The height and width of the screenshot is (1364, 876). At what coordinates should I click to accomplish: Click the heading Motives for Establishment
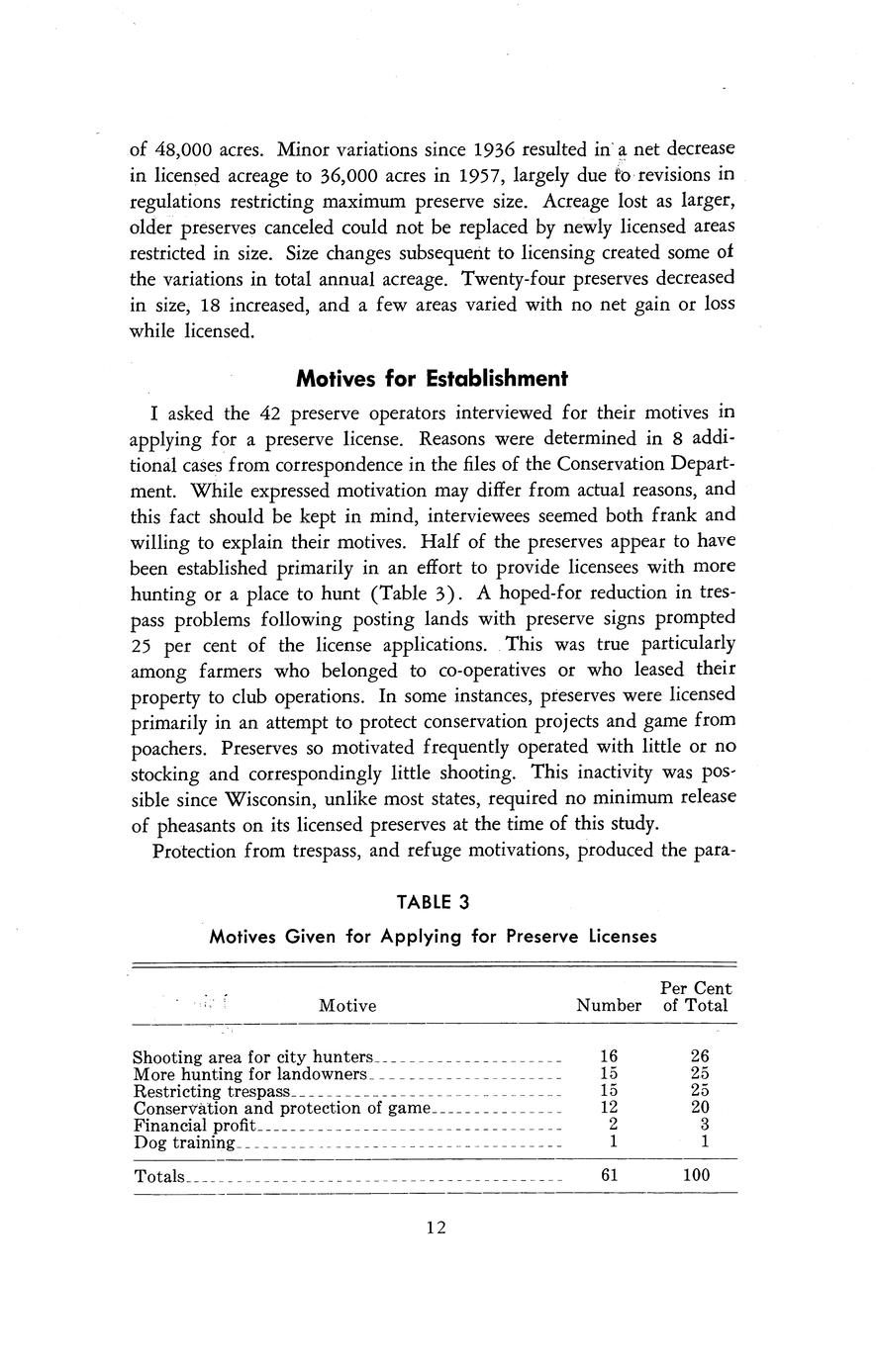(x=433, y=379)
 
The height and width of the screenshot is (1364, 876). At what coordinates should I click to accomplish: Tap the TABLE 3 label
(x=433, y=902)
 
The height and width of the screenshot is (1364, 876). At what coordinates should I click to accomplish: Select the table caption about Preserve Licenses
(x=433, y=936)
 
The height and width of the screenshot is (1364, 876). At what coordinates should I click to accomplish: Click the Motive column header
(x=347, y=1006)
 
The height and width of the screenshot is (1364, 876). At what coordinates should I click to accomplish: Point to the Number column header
(x=609, y=1006)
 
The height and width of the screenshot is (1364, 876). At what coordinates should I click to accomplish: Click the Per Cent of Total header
(x=696, y=997)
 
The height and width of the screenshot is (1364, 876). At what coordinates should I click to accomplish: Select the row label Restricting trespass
(x=212, y=1091)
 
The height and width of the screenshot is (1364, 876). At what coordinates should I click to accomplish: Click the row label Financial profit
(x=194, y=1126)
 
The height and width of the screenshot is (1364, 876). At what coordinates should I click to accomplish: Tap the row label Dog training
(x=184, y=1143)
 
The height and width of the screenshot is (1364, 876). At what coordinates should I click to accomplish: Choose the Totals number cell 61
(x=610, y=1176)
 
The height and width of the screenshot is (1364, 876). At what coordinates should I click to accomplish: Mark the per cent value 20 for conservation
(x=700, y=1108)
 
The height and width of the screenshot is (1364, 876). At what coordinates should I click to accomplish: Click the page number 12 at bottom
(x=437, y=1228)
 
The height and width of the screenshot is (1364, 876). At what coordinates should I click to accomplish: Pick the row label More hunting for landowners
(x=249, y=1073)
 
